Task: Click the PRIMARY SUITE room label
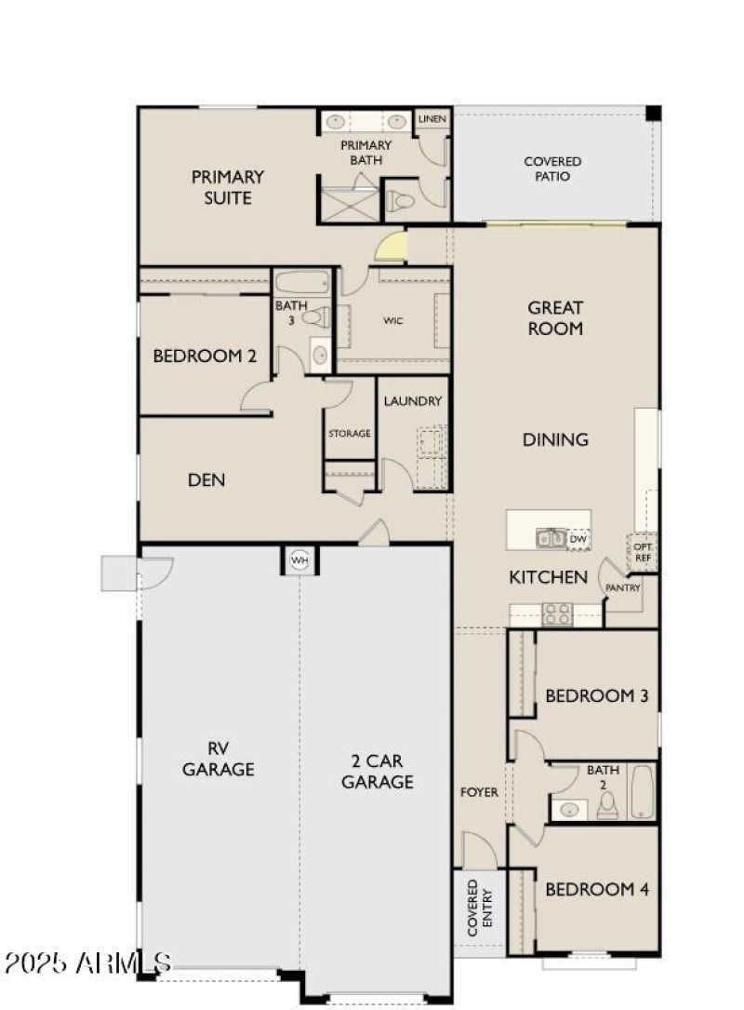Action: click(228, 186)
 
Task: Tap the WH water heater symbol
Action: click(299, 560)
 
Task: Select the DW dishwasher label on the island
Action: click(578, 538)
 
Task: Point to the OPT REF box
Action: click(642, 551)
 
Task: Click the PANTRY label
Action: click(623, 588)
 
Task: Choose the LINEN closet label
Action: click(432, 119)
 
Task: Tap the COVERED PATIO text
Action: click(552, 168)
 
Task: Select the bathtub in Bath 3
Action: click(302, 282)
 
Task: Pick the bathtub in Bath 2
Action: click(643, 792)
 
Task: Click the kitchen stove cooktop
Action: click(557, 614)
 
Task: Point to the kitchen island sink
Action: click(548, 538)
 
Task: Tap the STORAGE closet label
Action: click(349, 433)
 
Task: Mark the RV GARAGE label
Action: click(219, 759)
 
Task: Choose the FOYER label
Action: click(480, 792)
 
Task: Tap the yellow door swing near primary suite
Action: click(392, 247)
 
